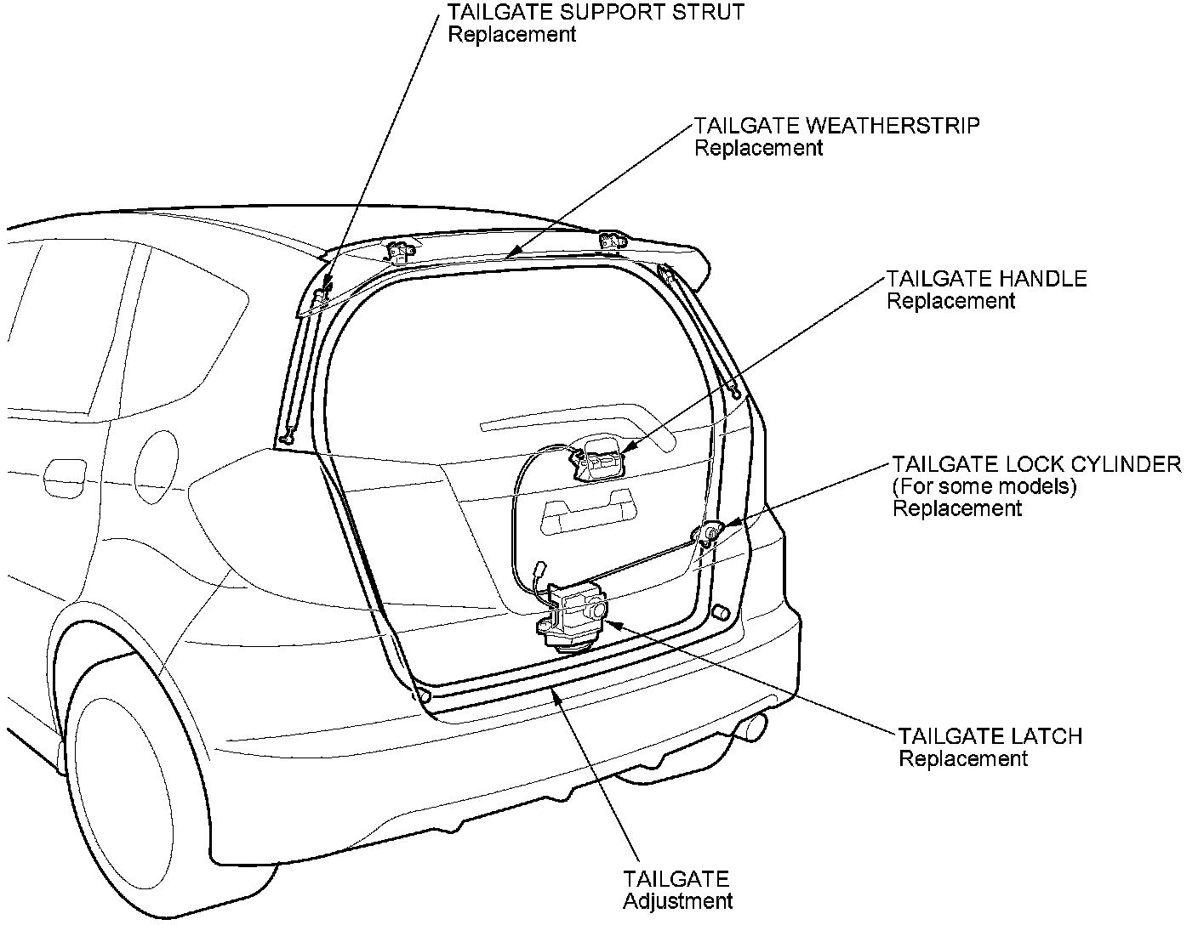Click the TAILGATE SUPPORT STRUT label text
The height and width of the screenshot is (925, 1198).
coord(596,13)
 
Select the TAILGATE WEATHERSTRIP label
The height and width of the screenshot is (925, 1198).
coord(836,126)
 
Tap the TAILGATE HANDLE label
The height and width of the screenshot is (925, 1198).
coord(986,279)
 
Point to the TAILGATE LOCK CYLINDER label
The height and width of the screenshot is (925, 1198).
coord(1036,464)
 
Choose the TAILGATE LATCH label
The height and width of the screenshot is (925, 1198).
coord(990,735)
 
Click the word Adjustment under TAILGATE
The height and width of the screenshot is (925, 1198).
coord(677,901)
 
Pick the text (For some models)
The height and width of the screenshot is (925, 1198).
coord(984,487)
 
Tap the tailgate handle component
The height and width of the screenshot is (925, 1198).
coord(599,460)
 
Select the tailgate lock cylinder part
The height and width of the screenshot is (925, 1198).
coord(708,534)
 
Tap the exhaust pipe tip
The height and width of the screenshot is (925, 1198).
coord(756,726)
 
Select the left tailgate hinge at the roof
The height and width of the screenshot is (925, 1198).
coord(399,252)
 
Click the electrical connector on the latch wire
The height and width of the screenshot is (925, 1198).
coord(539,571)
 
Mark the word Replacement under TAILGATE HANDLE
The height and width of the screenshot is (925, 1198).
coord(950,301)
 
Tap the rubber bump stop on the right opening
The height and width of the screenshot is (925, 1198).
coord(719,611)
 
